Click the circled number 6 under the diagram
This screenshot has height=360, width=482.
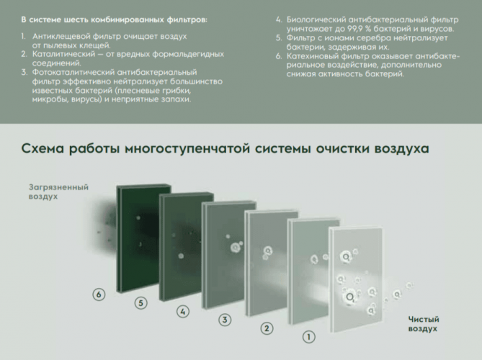click(x=100, y=294)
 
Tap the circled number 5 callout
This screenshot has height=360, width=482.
click(x=141, y=303)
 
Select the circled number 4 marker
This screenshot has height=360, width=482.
click(x=183, y=312)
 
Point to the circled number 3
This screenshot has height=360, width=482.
click(x=225, y=320)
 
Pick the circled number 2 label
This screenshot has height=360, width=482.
click(x=267, y=328)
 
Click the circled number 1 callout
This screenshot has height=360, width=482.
click(x=308, y=336)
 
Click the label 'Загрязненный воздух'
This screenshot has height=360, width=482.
click(x=58, y=192)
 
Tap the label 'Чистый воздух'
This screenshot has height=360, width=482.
click(x=424, y=324)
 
